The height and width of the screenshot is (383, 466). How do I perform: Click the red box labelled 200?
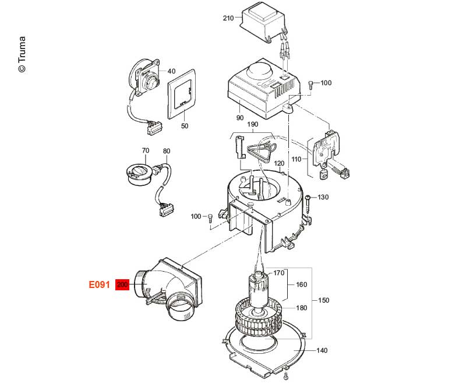(122, 285)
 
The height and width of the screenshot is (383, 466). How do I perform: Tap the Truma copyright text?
(22, 55)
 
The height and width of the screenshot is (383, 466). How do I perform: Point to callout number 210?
(228, 18)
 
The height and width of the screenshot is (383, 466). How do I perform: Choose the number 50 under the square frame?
(185, 126)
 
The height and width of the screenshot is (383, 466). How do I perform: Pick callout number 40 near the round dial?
(171, 71)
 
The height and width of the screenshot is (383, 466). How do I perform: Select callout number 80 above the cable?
(167, 150)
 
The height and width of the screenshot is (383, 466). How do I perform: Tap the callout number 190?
(252, 125)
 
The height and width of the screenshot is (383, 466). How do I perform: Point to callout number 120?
(280, 163)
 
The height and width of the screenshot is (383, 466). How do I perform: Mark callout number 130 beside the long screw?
(323, 197)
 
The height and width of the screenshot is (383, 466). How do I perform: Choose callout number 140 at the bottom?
(322, 350)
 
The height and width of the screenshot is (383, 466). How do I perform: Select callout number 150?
(323, 300)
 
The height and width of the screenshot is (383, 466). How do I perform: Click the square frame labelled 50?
(183, 96)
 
